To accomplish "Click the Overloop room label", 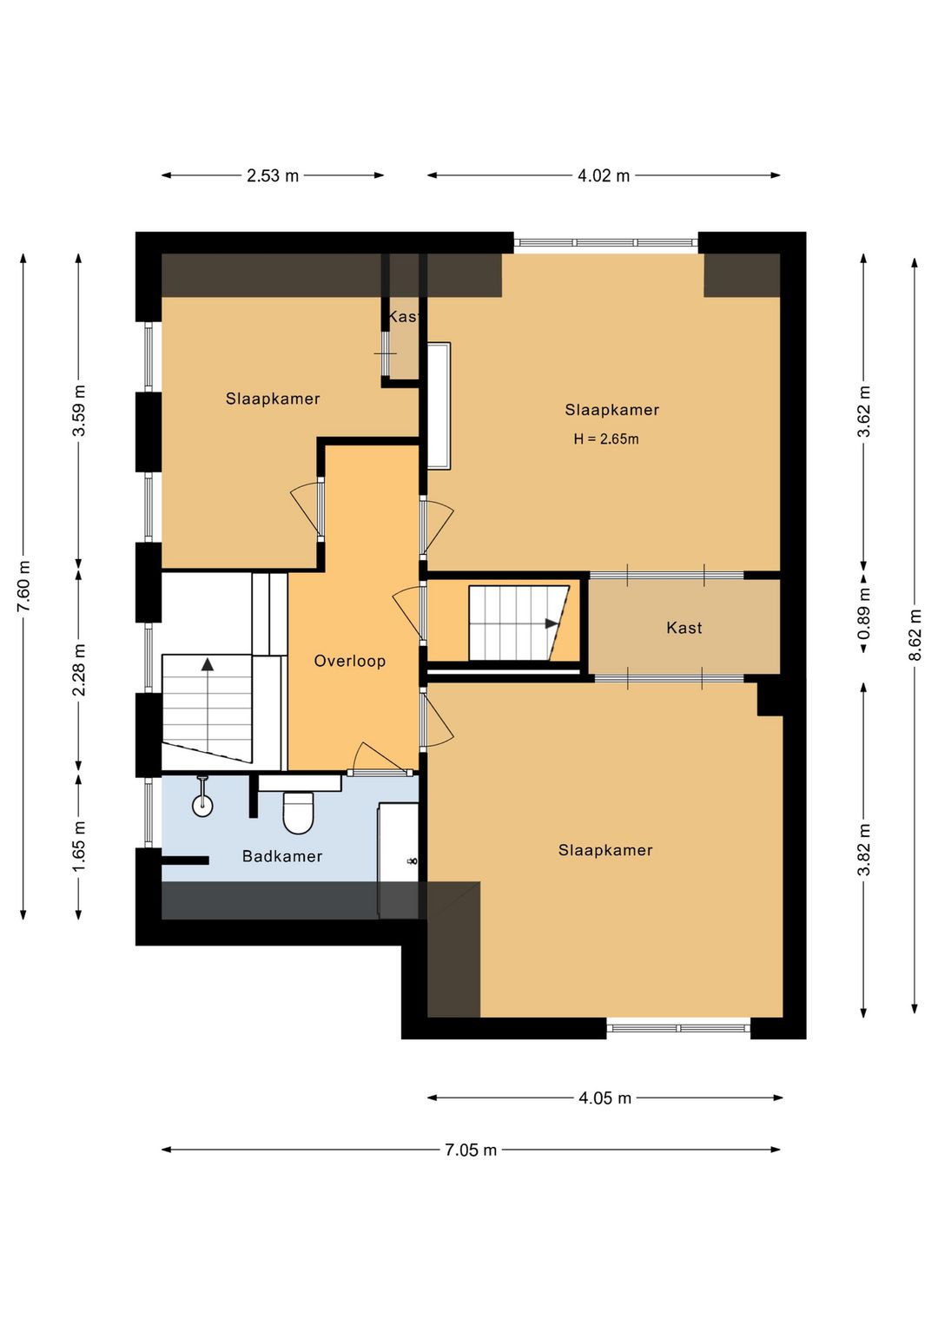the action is pyautogui.click(x=349, y=661).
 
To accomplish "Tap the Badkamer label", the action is pyautogui.click(x=282, y=856).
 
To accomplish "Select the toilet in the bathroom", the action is pyautogui.click(x=298, y=812).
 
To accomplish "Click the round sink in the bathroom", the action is pyautogui.click(x=203, y=804).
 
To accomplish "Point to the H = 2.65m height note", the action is pyautogui.click(x=606, y=439).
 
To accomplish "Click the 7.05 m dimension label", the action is pyautogui.click(x=471, y=1150).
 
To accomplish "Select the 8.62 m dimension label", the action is pyautogui.click(x=915, y=635).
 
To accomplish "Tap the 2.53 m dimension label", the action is pyautogui.click(x=273, y=175).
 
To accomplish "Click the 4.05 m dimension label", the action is pyautogui.click(x=604, y=1098).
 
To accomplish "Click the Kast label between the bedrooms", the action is pyautogui.click(x=684, y=628).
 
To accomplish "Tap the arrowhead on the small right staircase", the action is pyautogui.click(x=552, y=623).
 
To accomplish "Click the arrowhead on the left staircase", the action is pyautogui.click(x=207, y=664).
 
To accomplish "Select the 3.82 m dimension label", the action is pyautogui.click(x=864, y=849).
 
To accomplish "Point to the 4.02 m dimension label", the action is pyautogui.click(x=604, y=175).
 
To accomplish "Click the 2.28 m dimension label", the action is pyautogui.click(x=79, y=670).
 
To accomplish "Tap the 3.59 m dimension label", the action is pyautogui.click(x=79, y=411).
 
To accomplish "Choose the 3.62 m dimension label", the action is pyautogui.click(x=864, y=411).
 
